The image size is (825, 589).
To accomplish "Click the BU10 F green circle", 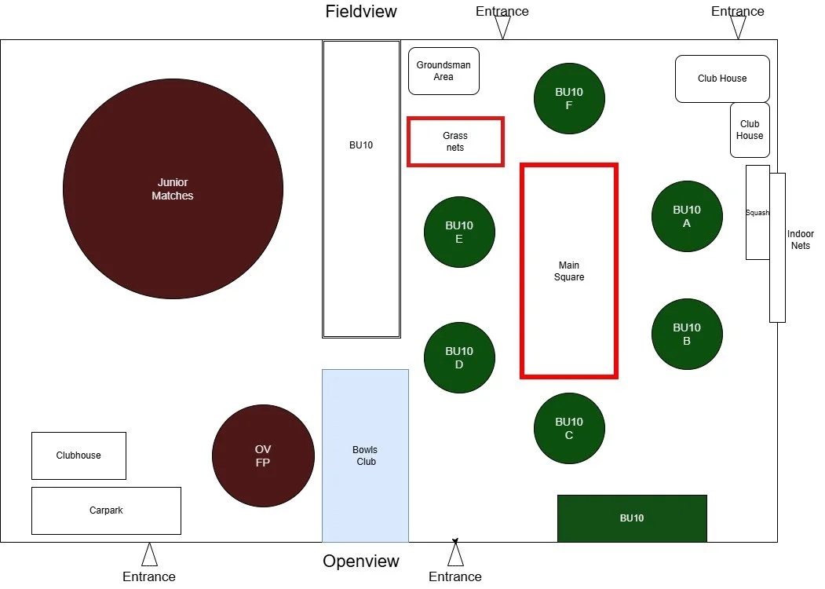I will pyautogui.click(x=569, y=98).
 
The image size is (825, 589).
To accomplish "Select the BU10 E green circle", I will pyautogui.click(x=459, y=232).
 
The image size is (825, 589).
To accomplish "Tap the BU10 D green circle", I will pyautogui.click(x=459, y=357).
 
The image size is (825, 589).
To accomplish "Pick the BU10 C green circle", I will pyautogui.click(x=569, y=428).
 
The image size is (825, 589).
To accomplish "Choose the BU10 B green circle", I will pyautogui.click(x=687, y=334).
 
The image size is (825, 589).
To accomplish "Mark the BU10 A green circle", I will pyautogui.click(x=687, y=216).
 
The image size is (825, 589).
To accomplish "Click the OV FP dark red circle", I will pyautogui.click(x=263, y=455).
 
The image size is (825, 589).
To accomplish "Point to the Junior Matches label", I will pyautogui.click(x=173, y=189).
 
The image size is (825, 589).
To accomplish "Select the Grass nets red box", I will pyautogui.click(x=455, y=141).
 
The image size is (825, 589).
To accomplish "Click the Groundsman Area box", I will pyautogui.click(x=444, y=71).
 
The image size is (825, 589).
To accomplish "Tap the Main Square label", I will pyautogui.click(x=569, y=271).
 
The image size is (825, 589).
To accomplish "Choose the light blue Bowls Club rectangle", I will pyautogui.click(x=365, y=455).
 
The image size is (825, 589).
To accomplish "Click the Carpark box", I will pyautogui.click(x=106, y=510).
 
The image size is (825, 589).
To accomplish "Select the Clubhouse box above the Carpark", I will pyautogui.click(x=78, y=455).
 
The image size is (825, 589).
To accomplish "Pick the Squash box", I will pyautogui.click(x=757, y=212).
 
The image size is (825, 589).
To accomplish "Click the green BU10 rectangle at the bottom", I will pyautogui.click(x=632, y=518).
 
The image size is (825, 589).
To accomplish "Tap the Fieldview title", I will pyautogui.click(x=361, y=12).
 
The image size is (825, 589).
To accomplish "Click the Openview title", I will pyautogui.click(x=361, y=562).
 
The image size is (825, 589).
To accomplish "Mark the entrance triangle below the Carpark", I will pyautogui.click(x=149, y=555).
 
